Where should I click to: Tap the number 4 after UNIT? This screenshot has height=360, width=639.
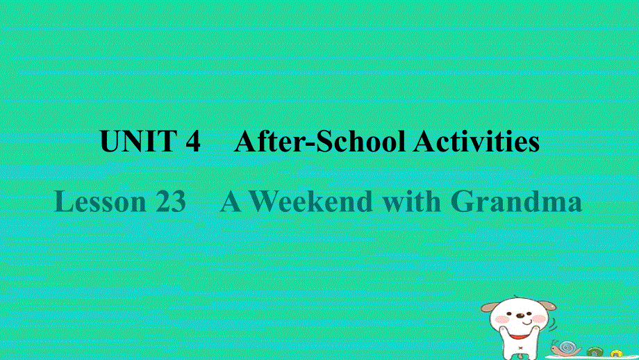point(193,142)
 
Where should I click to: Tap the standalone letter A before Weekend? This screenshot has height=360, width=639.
point(231,202)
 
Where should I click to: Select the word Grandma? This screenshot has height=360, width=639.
point(516,202)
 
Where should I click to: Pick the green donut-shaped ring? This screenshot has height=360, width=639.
point(595,352)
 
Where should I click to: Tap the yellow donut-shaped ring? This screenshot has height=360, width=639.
point(615,354)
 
